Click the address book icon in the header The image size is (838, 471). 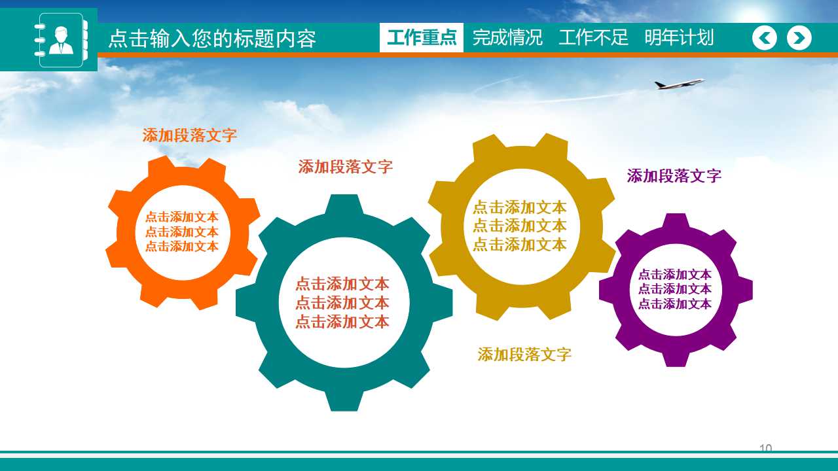pos(60,40)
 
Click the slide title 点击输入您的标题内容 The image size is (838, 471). pos(212,39)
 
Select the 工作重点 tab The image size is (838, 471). pos(422,38)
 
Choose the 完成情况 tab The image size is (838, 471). pos(507,38)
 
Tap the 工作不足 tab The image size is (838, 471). pos(593,38)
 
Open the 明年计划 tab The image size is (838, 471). pos(679,38)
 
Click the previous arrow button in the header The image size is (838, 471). pos(765,38)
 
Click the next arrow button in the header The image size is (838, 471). pos(799,38)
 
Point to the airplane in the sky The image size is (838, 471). pos(679,84)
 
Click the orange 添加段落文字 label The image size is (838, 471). pos(190,135)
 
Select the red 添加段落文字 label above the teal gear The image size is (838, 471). pos(346,167)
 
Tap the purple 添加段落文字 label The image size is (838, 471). pos(674,176)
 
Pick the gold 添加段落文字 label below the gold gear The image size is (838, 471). pos(524,355)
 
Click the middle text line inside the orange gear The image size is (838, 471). pos(182,232)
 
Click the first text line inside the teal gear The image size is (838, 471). pos(342,284)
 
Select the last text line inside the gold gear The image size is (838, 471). pos(520,245)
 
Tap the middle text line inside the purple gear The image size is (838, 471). pos(675,289)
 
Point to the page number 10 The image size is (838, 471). pos(765,448)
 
